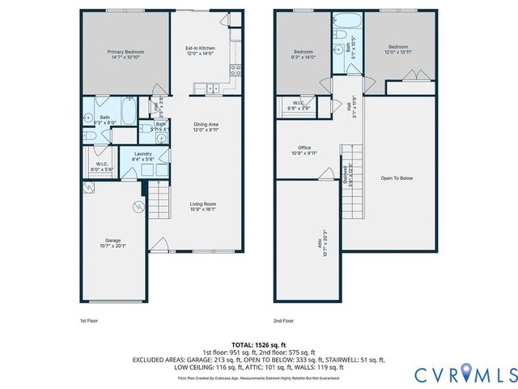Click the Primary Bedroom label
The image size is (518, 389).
tap(125, 55)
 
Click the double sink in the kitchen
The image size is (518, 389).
tap(212, 87)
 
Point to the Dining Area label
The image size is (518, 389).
tap(206, 126)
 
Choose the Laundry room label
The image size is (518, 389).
tap(143, 156)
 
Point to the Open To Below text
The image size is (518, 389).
tap(397, 178)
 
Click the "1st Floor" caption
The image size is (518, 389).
tap(90, 320)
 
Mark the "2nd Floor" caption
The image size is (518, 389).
tap(283, 320)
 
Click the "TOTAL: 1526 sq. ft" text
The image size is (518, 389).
tap(258, 344)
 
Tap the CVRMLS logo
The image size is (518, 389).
tap(465, 374)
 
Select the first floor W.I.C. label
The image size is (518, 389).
tap(103, 166)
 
